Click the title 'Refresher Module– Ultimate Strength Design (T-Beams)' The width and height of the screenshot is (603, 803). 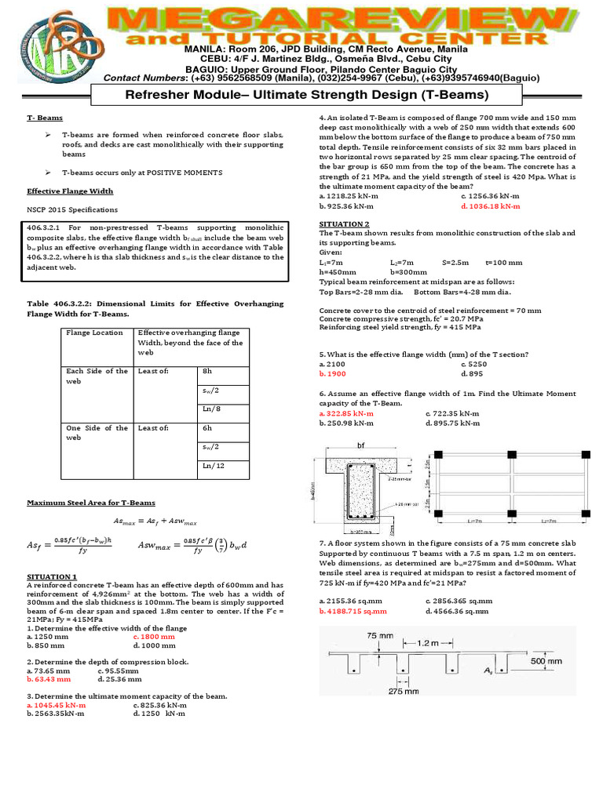pyautogui.click(x=302, y=95)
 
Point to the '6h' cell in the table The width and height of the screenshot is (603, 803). pyautogui.click(x=207, y=428)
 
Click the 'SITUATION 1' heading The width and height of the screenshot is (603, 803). pyautogui.click(x=52, y=576)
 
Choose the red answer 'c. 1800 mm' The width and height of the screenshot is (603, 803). pyautogui.click(x=155, y=637)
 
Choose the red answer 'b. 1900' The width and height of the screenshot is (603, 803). pyautogui.click(x=335, y=373)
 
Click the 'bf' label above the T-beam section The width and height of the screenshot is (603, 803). pyautogui.click(x=361, y=445)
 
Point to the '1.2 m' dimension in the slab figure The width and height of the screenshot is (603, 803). pyautogui.click(x=426, y=642)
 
